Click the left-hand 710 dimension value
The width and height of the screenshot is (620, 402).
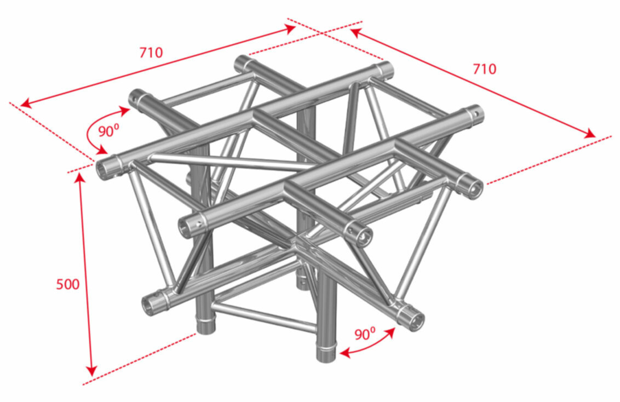(151, 52)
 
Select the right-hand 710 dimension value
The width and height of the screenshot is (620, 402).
(484, 69)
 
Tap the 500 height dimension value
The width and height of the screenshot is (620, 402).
(67, 284)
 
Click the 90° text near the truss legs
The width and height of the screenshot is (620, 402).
(365, 334)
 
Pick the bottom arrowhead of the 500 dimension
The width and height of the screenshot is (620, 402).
(91, 371)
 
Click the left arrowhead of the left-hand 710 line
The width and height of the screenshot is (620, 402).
(25, 104)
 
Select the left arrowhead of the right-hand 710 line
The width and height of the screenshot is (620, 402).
(355, 32)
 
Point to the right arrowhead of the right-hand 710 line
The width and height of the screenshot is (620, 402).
(590, 134)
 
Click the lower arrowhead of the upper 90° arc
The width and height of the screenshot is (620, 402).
(102, 150)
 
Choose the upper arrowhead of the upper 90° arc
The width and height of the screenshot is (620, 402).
(125, 110)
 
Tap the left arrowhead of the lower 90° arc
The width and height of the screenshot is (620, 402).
(345, 353)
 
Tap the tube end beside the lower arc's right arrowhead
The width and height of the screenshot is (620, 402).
(414, 319)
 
